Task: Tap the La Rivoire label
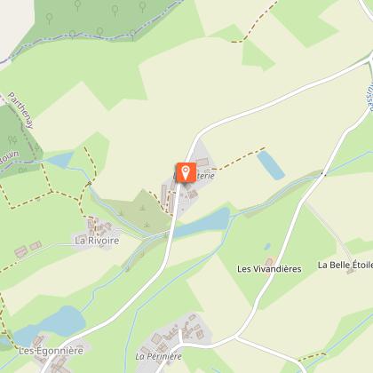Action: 97,240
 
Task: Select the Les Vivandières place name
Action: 270,267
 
